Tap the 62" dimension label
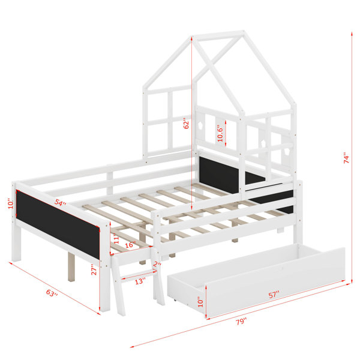tap(187, 124)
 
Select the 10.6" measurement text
tap(220, 133)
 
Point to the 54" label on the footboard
tap(60, 202)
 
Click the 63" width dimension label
tap(52, 293)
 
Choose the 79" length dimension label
tap(241, 322)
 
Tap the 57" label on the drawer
tap(274, 295)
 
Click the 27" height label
tap(94, 270)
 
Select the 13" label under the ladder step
tap(140, 281)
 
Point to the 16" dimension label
tap(130, 245)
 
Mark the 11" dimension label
tap(117, 238)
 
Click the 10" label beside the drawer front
tap(200, 302)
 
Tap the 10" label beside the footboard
tap(11, 203)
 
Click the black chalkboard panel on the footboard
tap(58, 224)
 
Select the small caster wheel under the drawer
tap(175, 299)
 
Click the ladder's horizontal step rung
tap(139, 275)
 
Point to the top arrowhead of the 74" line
tap(352, 34)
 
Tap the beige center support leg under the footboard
tap(71, 267)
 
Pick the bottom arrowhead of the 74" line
tap(352, 281)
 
